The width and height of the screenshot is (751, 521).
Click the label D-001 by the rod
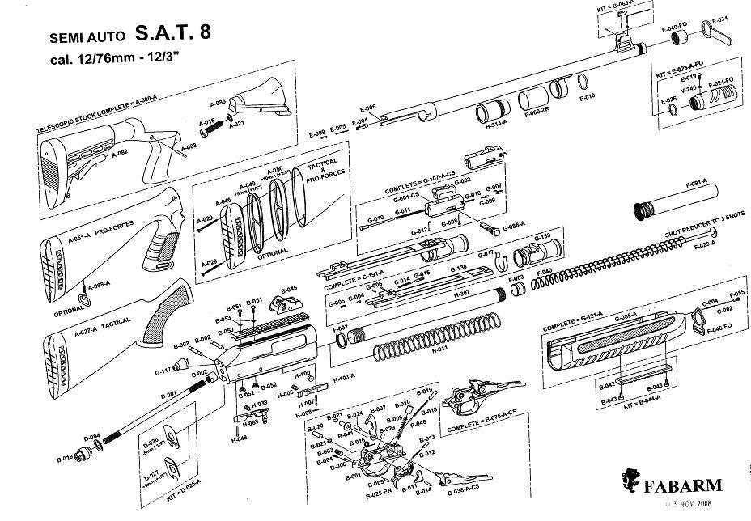pos(169,394)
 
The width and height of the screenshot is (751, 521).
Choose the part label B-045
pos(289,289)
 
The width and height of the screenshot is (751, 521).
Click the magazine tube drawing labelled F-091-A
pos(678,201)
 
